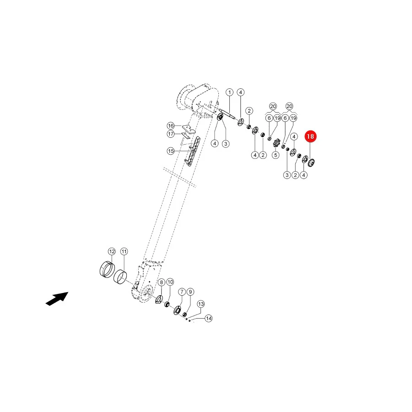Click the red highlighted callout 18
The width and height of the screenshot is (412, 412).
(310, 136)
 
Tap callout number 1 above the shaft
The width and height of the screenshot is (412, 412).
(230, 92)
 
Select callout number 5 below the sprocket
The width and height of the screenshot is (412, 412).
(276, 155)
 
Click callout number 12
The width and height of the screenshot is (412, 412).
(112, 251)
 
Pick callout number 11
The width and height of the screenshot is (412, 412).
(124, 251)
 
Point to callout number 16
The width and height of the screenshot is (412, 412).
(171, 125)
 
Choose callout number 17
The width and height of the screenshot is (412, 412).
(171, 134)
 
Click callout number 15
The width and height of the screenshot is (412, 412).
(171, 151)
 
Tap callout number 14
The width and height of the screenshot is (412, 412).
(209, 319)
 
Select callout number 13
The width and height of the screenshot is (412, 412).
(201, 304)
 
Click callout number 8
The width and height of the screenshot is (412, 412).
(161, 282)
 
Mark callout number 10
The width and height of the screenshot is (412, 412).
(170, 282)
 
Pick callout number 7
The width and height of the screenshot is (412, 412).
(182, 292)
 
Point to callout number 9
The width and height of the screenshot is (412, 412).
(190, 292)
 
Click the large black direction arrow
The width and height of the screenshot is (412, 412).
(57, 299)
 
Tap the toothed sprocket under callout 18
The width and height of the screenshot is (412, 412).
(311, 163)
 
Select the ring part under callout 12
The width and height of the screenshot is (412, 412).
(107, 269)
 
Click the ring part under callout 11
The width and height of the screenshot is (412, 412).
(120, 276)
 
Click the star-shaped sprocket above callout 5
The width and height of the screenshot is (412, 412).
(276, 143)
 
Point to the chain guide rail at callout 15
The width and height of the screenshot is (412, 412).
(192, 152)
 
